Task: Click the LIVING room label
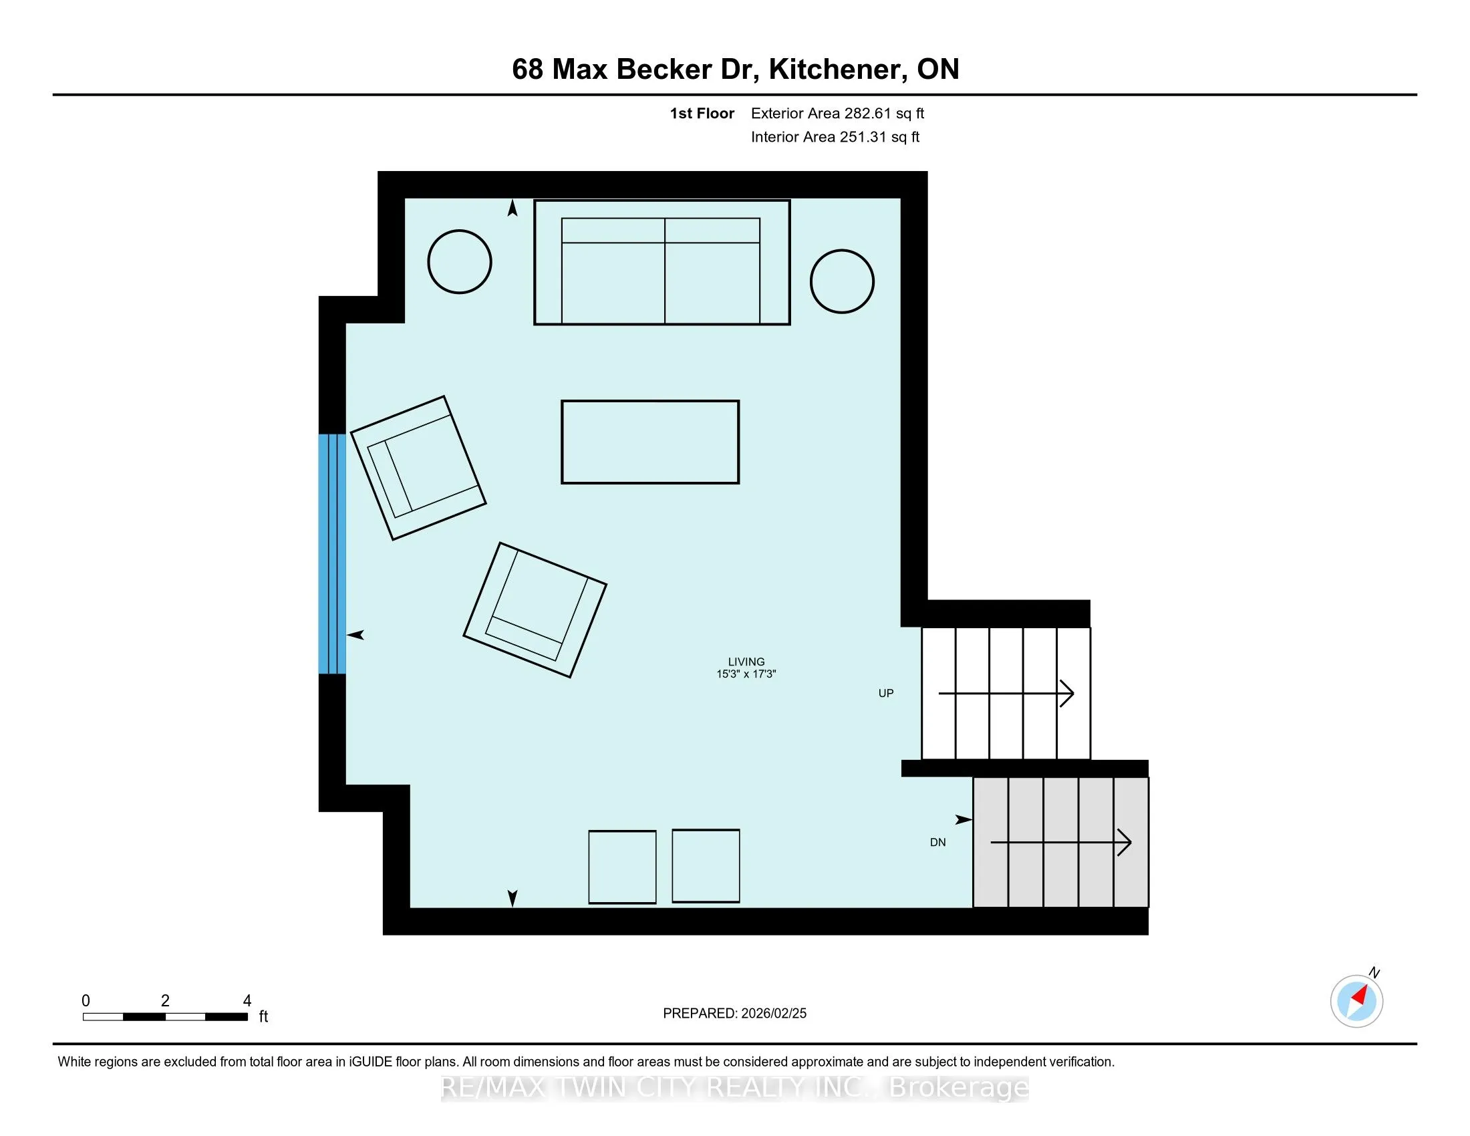tap(746, 662)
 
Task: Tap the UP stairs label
tap(886, 693)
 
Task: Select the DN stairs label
tap(937, 843)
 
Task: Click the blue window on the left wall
tap(333, 554)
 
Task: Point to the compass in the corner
tap(1357, 1000)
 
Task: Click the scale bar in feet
tap(166, 1017)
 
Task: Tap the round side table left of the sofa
tap(460, 262)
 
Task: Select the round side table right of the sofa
tap(842, 281)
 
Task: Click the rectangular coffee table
tap(650, 442)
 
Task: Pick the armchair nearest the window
tap(418, 468)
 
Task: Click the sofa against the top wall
tap(661, 263)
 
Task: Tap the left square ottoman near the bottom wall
tap(623, 867)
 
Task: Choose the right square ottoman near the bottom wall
tap(706, 865)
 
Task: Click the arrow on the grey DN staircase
tap(1061, 842)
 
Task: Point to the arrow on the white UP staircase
tap(1006, 693)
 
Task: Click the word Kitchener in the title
tap(833, 69)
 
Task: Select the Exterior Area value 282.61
tap(867, 113)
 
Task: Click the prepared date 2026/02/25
tap(773, 1013)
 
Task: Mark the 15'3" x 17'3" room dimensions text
tap(746, 674)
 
